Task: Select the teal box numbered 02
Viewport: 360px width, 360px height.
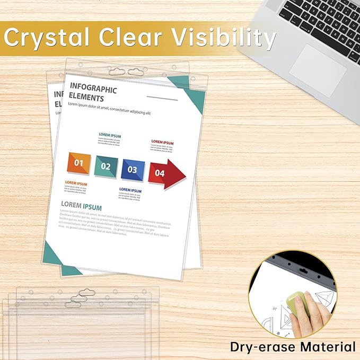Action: point(106,166)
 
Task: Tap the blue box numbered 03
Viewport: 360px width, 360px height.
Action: point(132,170)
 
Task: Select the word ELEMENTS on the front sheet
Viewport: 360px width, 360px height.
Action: point(86,99)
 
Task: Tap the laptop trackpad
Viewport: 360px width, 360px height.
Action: point(318,69)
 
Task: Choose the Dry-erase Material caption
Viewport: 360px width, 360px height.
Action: point(293,347)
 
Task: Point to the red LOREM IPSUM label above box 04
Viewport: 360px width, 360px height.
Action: point(162,142)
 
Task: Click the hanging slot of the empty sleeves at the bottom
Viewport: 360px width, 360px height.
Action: point(78,298)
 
